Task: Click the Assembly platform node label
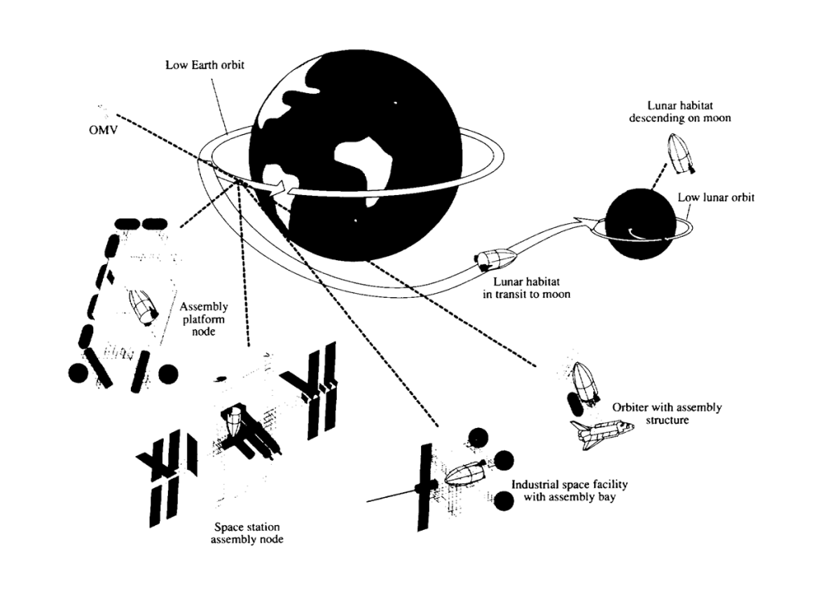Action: [204, 319]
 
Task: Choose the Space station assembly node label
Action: [248, 533]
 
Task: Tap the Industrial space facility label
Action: [569, 491]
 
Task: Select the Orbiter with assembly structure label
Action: [666, 413]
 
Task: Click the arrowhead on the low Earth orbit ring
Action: [279, 190]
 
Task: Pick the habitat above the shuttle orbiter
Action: [586, 382]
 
